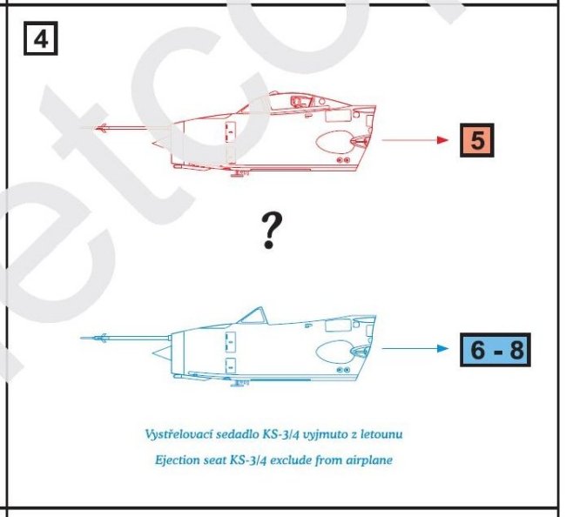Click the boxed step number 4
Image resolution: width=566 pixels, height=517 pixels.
40,38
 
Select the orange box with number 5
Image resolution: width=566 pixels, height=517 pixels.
477,140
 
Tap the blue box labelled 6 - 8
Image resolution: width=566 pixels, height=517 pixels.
495,350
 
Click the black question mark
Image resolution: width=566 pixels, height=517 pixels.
272,231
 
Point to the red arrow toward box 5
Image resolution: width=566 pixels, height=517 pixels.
415,140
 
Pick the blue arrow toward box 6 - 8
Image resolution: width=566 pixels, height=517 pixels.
415,348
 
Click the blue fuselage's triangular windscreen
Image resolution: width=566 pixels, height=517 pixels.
253,316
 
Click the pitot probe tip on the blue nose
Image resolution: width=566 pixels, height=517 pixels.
80,338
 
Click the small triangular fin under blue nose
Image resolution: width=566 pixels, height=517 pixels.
161,352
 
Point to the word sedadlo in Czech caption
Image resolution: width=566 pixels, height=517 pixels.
237,433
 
